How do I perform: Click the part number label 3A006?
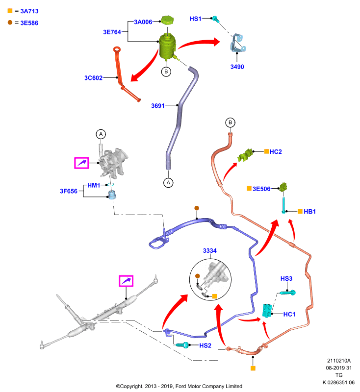point(143,22)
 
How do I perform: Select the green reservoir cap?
point(167,20)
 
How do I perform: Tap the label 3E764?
point(112,32)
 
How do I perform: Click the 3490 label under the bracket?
point(237,67)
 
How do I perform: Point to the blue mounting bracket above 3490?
point(237,43)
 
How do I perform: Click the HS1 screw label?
point(195,19)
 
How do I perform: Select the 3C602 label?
point(93,78)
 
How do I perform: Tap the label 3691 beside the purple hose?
point(158,106)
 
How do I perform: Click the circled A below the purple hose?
point(168,183)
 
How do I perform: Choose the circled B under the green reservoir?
point(166,72)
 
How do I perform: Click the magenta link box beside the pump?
point(81,163)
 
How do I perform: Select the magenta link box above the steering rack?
point(126,281)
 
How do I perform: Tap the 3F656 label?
point(69,191)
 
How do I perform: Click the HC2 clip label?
point(276,152)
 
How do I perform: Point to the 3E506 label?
point(261,189)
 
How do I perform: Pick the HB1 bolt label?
point(309,212)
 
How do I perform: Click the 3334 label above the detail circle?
point(209,251)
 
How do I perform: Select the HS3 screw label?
point(286,278)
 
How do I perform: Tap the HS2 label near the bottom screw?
point(206,345)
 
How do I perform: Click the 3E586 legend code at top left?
point(29,23)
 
